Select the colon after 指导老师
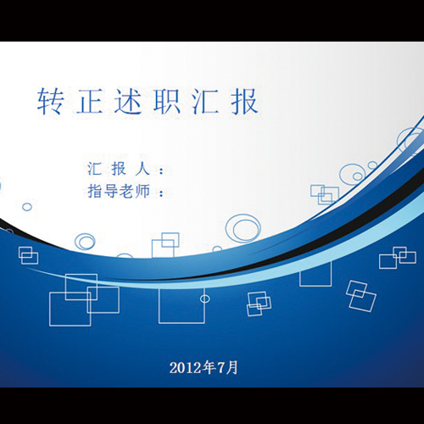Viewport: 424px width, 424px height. (161, 192)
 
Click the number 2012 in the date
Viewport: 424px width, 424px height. (186, 367)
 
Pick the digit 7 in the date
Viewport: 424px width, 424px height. (223, 367)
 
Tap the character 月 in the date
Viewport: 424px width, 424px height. (233, 367)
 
